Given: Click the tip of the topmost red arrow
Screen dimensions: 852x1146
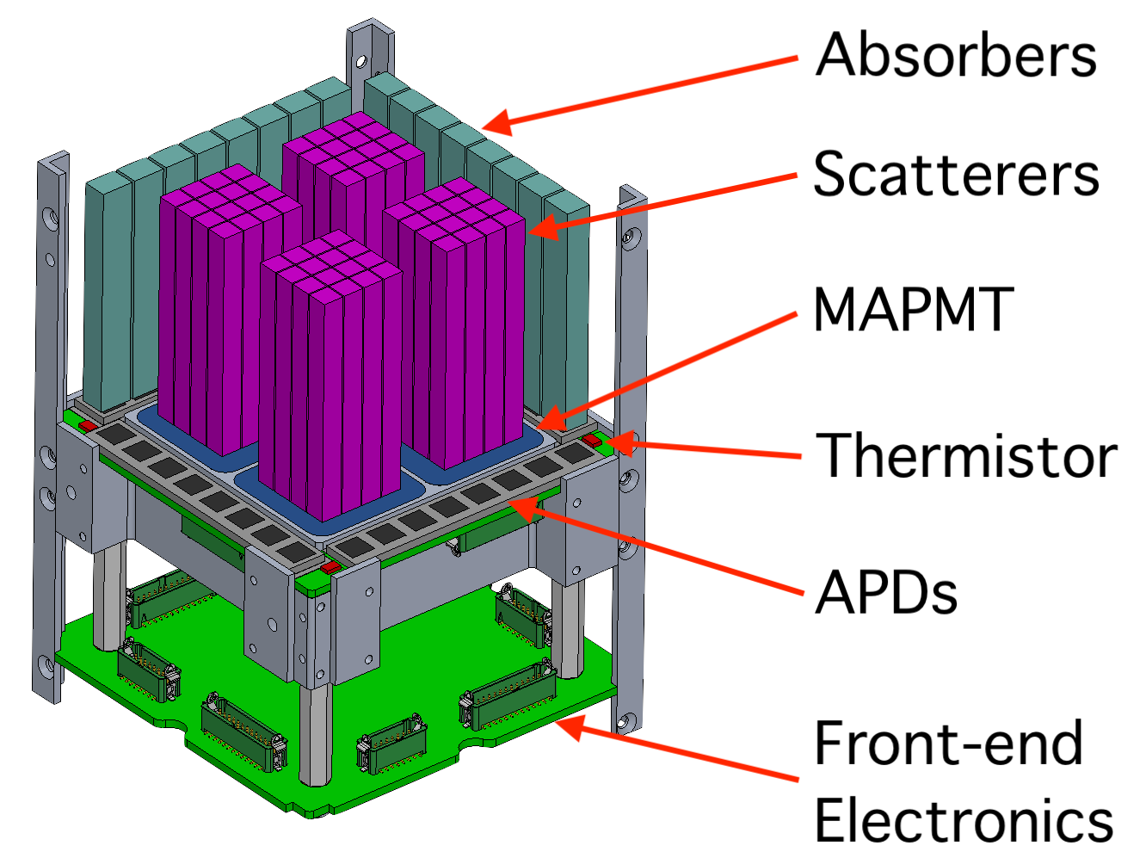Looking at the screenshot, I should pyautogui.click(x=484, y=126).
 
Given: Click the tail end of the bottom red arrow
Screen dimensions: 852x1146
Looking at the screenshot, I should pyautogui.click(x=798, y=780).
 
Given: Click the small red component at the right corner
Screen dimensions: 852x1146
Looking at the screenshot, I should pyautogui.click(x=592, y=441).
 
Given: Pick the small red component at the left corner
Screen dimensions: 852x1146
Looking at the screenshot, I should pyautogui.click(x=88, y=426).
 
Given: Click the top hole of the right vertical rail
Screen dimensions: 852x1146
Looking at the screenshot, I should pyautogui.click(x=633, y=235).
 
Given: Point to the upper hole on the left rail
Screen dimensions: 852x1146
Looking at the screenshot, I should pyautogui.click(x=52, y=215).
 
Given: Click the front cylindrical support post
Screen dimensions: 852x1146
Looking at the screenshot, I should pyautogui.click(x=316, y=732).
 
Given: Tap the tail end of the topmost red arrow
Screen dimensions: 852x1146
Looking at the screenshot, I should pyautogui.click(x=798, y=58).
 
